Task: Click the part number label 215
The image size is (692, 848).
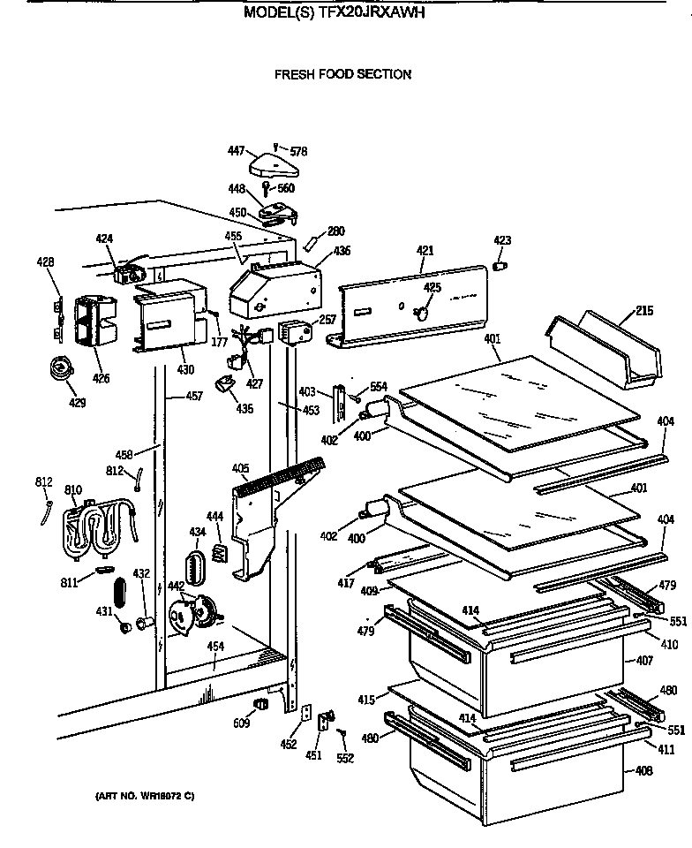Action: tap(644, 311)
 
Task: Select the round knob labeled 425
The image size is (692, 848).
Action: tap(422, 312)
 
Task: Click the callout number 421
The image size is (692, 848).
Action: tap(425, 251)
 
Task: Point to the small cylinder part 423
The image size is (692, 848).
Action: tap(500, 263)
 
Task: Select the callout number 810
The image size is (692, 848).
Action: tap(73, 489)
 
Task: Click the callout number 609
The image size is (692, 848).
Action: tap(241, 724)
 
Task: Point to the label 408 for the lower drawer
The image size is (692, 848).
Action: tap(643, 771)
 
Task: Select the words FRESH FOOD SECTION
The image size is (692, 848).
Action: tap(342, 74)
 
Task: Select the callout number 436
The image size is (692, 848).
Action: tap(341, 251)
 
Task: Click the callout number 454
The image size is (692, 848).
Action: tap(215, 647)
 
